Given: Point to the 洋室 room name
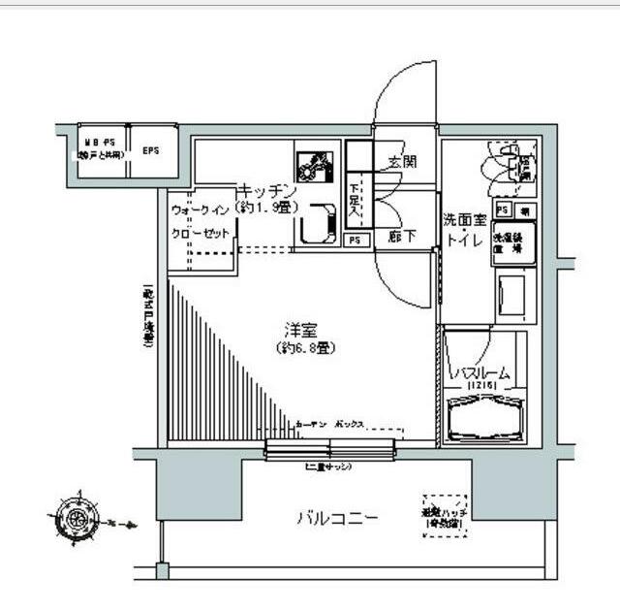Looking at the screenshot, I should click(x=298, y=330).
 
